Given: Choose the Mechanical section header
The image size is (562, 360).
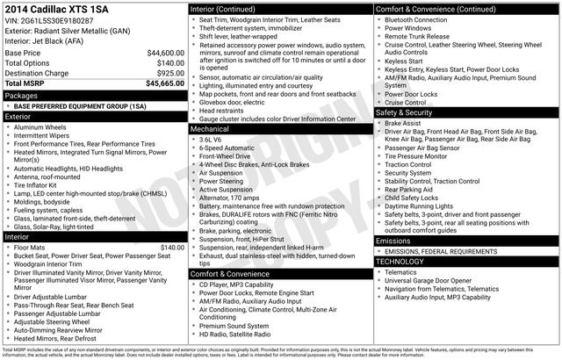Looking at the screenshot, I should point(212,128).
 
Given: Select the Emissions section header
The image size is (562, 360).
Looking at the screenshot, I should point(393,240).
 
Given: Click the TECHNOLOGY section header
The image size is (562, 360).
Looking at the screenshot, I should point(400,262).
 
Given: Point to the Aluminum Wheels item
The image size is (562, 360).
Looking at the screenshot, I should point(44,128).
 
